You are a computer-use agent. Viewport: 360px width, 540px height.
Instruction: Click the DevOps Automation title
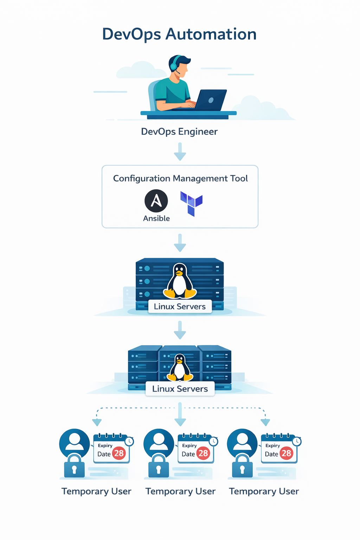(x=179, y=34)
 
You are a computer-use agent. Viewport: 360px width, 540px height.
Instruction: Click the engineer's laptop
(x=211, y=100)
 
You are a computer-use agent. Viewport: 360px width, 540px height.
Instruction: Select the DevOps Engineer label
(x=179, y=131)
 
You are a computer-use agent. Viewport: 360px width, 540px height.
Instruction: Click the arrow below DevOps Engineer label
(x=180, y=152)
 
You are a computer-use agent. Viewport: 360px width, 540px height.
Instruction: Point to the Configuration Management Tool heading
(x=180, y=178)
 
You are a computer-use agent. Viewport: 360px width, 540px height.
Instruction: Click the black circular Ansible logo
(x=156, y=201)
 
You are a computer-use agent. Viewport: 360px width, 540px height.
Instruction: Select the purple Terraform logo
(x=191, y=203)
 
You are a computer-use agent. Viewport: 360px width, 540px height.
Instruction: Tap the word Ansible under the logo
(x=156, y=218)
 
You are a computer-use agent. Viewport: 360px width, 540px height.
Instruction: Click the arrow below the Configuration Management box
(x=180, y=243)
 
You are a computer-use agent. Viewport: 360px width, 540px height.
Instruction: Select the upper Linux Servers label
(x=180, y=307)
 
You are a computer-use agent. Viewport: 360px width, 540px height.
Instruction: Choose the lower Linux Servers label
(x=180, y=389)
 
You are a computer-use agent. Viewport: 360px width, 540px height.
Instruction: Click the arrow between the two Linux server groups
(x=180, y=330)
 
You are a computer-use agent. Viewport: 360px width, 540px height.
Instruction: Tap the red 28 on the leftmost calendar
(x=119, y=453)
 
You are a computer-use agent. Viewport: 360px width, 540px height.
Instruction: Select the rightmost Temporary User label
(x=264, y=491)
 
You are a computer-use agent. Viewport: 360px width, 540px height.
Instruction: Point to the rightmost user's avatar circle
(x=242, y=442)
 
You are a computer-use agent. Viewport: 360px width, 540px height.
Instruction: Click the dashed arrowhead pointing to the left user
(x=97, y=422)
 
